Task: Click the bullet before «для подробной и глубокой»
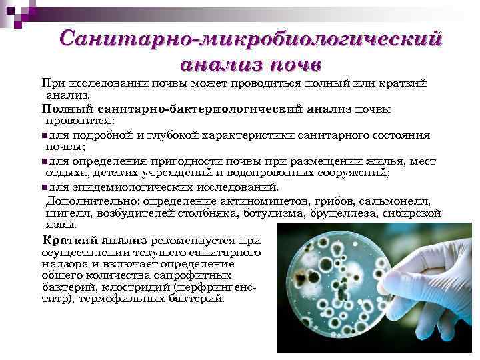pos(43,135)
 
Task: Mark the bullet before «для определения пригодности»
pos(43,161)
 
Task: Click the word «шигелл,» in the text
pos(65,213)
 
